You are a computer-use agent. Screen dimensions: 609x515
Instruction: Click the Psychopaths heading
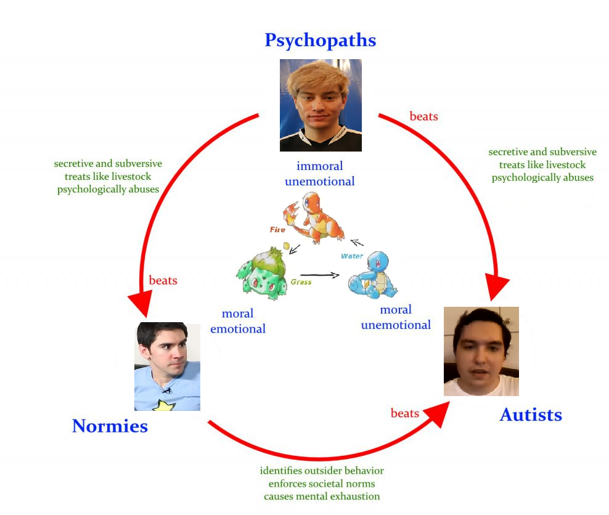coord(321,41)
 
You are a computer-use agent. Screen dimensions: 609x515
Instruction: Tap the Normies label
coord(110,426)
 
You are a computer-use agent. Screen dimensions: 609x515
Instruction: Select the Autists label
coord(531,415)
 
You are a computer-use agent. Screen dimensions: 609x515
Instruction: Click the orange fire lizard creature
coord(314,217)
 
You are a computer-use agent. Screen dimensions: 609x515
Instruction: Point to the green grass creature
coord(263,274)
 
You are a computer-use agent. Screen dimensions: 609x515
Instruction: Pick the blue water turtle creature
coord(373,275)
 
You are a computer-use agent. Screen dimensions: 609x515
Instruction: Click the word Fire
coord(277,230)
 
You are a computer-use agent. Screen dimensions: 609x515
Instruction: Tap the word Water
coord(352,256)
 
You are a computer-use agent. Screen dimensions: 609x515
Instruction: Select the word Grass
coord(301,282)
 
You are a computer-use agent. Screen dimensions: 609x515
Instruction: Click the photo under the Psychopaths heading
coord(321,105)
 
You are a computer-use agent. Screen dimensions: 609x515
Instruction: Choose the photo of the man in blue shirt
coord(168,367)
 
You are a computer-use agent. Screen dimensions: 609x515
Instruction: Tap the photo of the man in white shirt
coord(481,351)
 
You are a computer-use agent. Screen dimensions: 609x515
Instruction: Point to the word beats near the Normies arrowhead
coord(163,280)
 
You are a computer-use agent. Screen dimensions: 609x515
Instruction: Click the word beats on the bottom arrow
coord(405,413)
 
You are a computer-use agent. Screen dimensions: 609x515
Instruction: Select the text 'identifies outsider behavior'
coord(322,471)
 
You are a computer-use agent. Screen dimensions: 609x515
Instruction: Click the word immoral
coord(320,166)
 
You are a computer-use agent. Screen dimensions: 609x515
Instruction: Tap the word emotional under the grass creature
coord(238,329)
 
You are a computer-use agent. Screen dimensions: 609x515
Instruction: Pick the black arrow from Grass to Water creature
coord(320,275)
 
